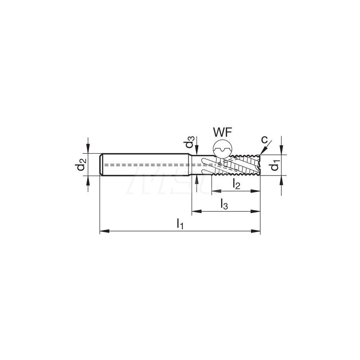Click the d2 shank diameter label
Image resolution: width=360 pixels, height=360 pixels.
80,165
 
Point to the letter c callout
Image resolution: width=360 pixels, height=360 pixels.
265,139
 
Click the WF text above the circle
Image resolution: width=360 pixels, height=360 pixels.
222,132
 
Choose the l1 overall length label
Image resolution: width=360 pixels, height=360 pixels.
180,224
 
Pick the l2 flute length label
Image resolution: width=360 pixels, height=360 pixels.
236,184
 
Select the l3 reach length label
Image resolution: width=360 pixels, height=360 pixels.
224,204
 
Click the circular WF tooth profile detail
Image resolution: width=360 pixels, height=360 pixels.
223,149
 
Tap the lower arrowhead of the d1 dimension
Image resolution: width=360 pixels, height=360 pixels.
282,179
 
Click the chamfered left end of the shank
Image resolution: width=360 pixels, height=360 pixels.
101,165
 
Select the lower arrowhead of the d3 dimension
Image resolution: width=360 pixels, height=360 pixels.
196,179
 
